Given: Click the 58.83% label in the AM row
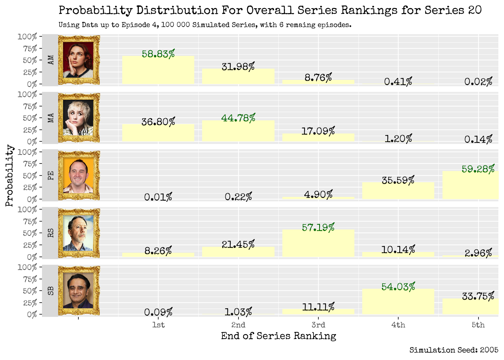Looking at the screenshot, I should point(158,54).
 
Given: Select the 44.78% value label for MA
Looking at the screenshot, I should point(238,118).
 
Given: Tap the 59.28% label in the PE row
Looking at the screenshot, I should point(478,169).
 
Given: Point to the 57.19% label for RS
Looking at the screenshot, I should point(318,228).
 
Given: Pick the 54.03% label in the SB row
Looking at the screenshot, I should point(398,287).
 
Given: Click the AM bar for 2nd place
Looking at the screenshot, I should point(238,76).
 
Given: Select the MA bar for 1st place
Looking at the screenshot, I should point(158,133).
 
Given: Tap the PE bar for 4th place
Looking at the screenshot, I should point(398,191).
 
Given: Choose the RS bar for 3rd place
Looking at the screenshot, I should point(318,243).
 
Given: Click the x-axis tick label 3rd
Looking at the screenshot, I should point(318,325).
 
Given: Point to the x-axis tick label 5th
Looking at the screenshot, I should point(478,325).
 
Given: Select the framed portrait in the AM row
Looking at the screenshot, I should point(79,60).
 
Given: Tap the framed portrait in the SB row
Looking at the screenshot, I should point(79,291).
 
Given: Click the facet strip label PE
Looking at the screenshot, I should point(51,175).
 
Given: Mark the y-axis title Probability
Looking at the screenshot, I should point(9,175).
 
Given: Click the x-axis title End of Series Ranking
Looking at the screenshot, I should point(278,336).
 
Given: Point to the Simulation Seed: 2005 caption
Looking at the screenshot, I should point(454,350).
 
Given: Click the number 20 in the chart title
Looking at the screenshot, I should point(475,10).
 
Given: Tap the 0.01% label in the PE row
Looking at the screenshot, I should point(158,197).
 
